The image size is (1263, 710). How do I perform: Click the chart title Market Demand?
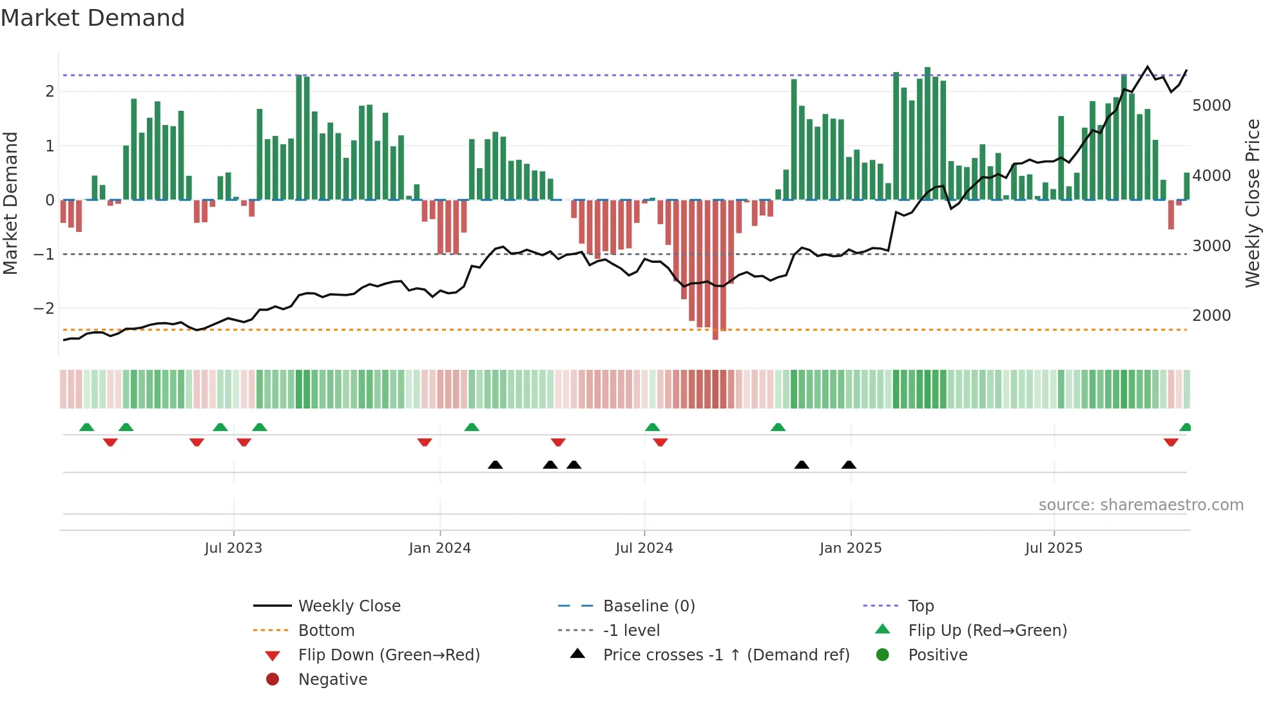click(93, 18)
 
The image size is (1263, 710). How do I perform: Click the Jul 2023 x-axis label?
click(233, 548)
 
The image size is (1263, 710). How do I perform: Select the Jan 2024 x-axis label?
click(440, 548)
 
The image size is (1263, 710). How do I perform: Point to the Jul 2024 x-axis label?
click(644, 548)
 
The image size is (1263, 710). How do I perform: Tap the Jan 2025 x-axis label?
click(851, 548)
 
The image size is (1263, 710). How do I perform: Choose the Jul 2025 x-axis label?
click(1054, 548)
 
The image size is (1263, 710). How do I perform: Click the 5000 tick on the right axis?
click(1211, 106)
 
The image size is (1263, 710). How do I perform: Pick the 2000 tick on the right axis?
click(1211, 316)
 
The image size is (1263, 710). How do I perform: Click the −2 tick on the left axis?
click(44, 309)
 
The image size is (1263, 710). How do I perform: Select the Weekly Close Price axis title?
click(1252, 203)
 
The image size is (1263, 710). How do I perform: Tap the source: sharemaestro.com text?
click(1141, 505)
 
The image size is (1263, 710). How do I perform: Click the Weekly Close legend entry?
click(349, 606)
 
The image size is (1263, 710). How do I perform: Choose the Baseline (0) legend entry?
click(649, 606)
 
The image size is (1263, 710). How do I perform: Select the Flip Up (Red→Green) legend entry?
click(987, 631)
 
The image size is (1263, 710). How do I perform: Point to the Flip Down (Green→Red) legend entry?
click(389, 655)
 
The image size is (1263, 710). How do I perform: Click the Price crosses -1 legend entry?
click(726, 655)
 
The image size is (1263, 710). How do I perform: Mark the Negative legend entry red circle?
click(273, 680)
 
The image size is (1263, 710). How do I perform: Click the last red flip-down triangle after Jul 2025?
click(1171, 442)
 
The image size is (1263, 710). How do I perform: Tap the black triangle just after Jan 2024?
click(495, 465)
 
